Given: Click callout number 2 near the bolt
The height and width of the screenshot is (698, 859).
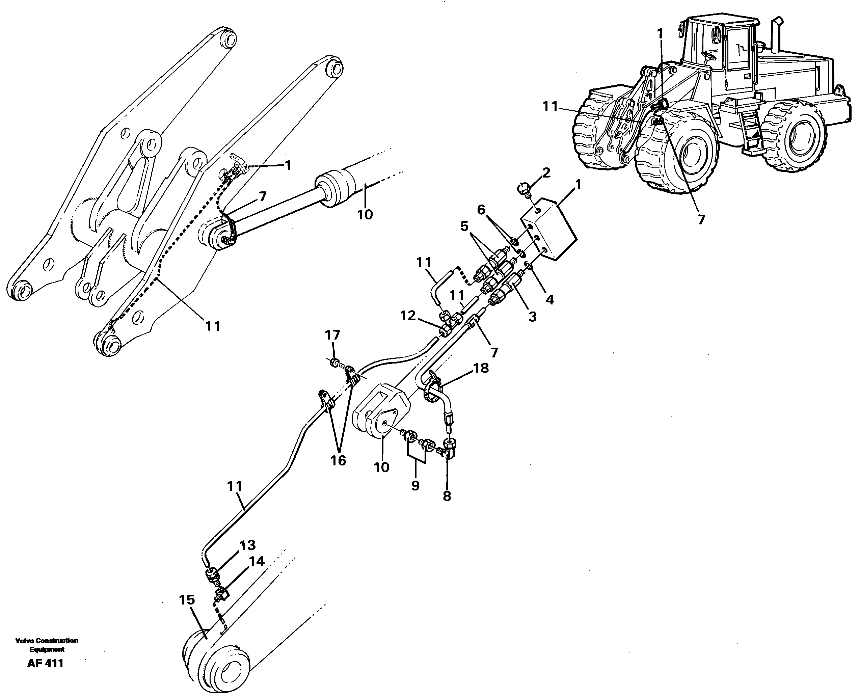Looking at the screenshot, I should (545, 173).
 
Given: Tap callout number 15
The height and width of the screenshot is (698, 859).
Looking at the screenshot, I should (187, 600).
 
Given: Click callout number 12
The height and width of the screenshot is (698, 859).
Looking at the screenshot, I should (408, 316).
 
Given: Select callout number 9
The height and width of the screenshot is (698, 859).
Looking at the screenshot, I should (415, 485).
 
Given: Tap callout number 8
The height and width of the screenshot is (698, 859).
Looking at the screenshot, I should (447, 496).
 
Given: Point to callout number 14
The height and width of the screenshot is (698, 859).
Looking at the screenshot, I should (257, 561).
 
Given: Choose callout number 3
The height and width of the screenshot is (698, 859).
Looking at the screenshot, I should (532, 317).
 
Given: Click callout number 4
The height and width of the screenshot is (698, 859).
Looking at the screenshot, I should (549, 299).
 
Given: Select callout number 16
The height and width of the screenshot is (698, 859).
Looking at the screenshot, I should (339, 461).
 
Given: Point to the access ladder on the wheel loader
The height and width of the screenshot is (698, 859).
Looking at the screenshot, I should (748, 129).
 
